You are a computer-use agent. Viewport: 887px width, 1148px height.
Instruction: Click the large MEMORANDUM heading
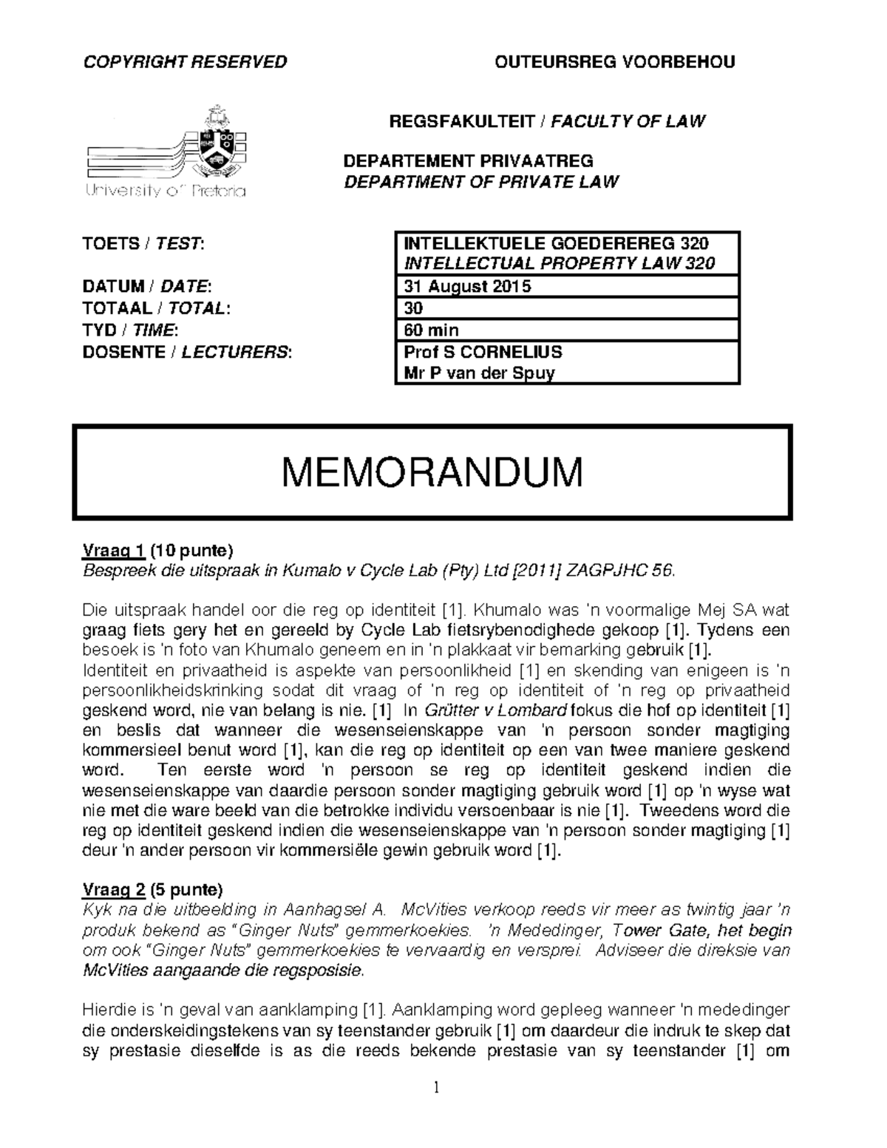point(432,472)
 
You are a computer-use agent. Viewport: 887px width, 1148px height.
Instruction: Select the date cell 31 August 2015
point(467,286)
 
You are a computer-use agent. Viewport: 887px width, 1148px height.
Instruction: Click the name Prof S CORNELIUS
point(483,351)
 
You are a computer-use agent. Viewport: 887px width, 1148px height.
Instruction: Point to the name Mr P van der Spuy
point(479,373)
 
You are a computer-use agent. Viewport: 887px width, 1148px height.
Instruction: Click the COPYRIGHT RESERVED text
point(185,62)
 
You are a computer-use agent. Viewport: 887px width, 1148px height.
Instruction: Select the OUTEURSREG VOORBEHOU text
point(614,62)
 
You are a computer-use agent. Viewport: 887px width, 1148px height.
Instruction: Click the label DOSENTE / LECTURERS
point(188,352)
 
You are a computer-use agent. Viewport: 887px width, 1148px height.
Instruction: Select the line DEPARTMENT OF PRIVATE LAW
point(481,182)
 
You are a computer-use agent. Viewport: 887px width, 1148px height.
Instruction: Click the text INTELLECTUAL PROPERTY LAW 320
point(559,264)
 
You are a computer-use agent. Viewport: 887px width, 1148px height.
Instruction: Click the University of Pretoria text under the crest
point(166,192)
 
